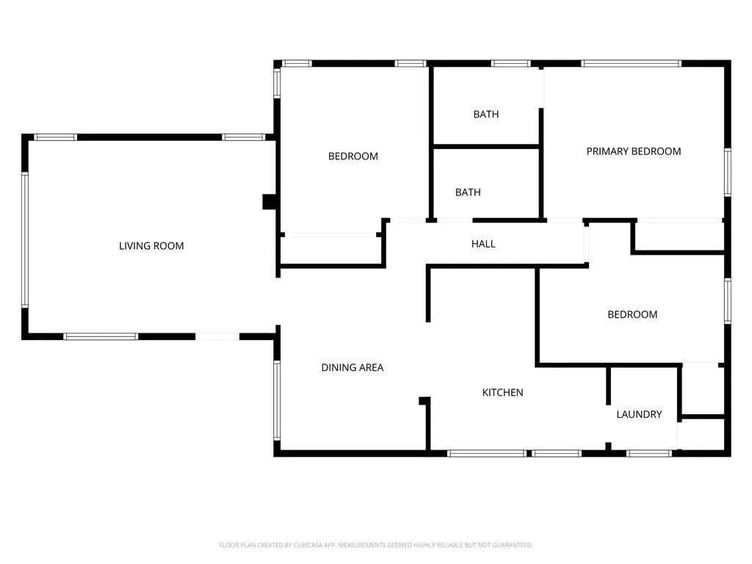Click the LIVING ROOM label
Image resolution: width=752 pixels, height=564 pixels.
pyautogui.click(x=151, y=246)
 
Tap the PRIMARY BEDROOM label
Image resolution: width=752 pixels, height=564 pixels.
pyautogui.click(x=633, y=151)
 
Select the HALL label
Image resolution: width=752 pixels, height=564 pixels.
pyautogui.click(x=483, y=244)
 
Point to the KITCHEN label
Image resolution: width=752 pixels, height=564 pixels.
pyautogui.click(x=502, y=393)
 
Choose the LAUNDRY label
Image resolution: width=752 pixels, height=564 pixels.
pyautogui.click(x=639, y=414)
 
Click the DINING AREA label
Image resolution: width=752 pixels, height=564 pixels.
pyautogui.click(x=352, y=367)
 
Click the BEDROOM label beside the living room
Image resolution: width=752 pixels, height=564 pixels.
pyautogui.click(x=352, y=156)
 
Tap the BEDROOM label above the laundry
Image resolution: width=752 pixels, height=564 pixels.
pyautogui.click(x=632, y=314)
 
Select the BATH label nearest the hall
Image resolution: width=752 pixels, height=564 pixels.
pyautogui.click(x=468, y=192)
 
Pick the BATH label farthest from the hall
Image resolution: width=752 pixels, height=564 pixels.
pyautogui.click(x=485, y=114)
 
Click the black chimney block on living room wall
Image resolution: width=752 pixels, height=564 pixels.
pyautogui.click(x=269, y=202)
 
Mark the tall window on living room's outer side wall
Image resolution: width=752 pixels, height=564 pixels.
pyautogui.click(x=25, y=239)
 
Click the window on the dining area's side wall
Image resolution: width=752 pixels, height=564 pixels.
pyautogui.click(x=277, y=400)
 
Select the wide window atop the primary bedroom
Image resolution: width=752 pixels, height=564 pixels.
pyautogui.click(x=631, y=64)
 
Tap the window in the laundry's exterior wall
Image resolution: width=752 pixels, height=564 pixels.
pyautogui.click(x=649, y=453)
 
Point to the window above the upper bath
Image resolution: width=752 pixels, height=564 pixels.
pyautogui.click(x=511, y=64)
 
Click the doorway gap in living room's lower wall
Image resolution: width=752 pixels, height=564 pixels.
pyautogui.click(x=217, y=336)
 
